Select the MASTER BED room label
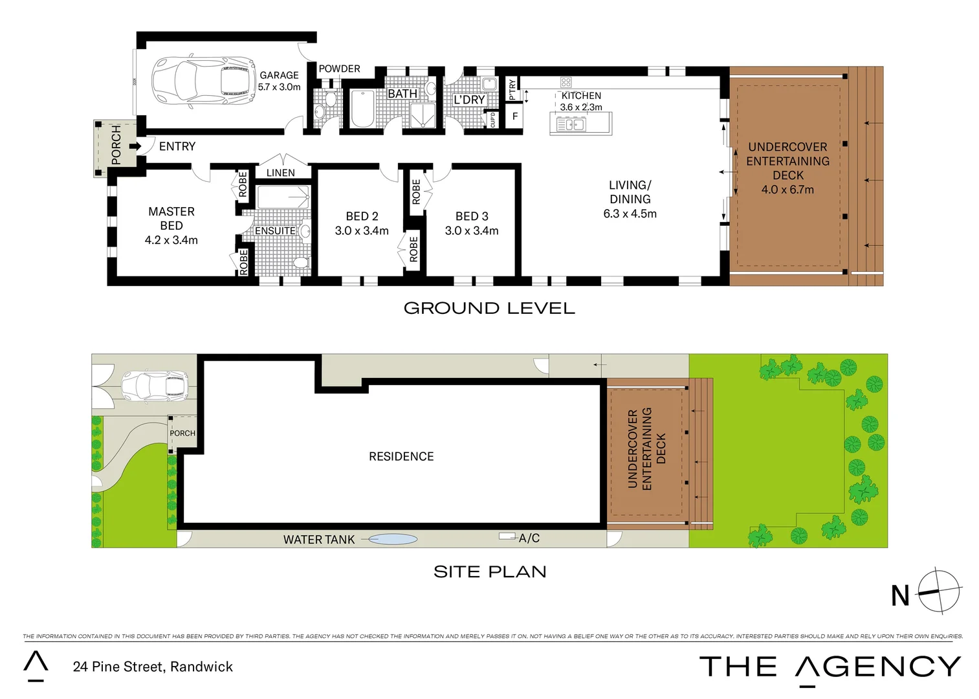pyautogui.click(x=171, y=218)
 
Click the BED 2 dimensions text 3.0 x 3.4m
pyautogui.click(x=362, y=231)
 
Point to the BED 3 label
pyautogui.click(x=472, y=216)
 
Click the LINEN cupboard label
pyautogui.click(x=280, y=173)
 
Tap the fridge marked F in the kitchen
pyautogui.click(x=515, y=116)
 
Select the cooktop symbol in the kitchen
pyautogui.click(x=566, y=82)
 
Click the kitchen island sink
pyautogui.click(x=571, y=124)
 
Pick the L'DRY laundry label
pyautogui.click(x=469, y=100)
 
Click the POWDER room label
pyautogui.click(x=339, y=69)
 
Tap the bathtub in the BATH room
pyautogui.click(x=362, y=109)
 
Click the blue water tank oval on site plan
pyautogui.click(x=393, y=538)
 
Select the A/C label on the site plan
pyautogui.click(x=529, y=538)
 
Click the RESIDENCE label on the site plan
pyautogui.click(x=401, y=456)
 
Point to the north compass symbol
pyautogui.click(x=938, y=591)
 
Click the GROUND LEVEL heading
pyautogui.click(x=489, y=308)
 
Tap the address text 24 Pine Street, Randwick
pyautogui.click(x=153, y=667)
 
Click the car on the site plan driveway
pyautogui.click(x=155, y=386)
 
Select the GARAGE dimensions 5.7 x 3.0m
pyautogui.click(x=279, y=87)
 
